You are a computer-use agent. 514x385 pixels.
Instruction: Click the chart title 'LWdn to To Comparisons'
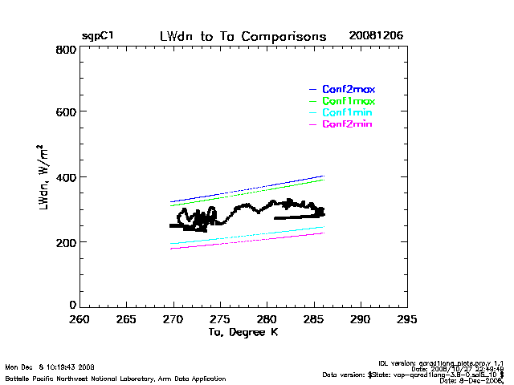pos(243,36)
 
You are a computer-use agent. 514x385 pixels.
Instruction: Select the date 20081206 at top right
pos(376,36)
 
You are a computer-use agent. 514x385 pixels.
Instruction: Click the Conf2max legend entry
pos(349,89)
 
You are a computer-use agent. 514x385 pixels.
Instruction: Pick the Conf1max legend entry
pos(349,101)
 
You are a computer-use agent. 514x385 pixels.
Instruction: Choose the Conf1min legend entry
pos(349,113)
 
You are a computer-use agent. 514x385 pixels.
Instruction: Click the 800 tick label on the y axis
pos(66,50)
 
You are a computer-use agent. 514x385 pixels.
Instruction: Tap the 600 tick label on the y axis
pos(66,112)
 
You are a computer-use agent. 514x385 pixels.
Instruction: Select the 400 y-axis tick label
pos(66,176)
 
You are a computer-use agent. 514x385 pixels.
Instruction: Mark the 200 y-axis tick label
pos(66,241)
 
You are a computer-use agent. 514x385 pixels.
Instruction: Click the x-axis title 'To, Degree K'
pos(243,332)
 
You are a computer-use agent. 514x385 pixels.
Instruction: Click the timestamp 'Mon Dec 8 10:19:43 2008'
pos(50,367)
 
